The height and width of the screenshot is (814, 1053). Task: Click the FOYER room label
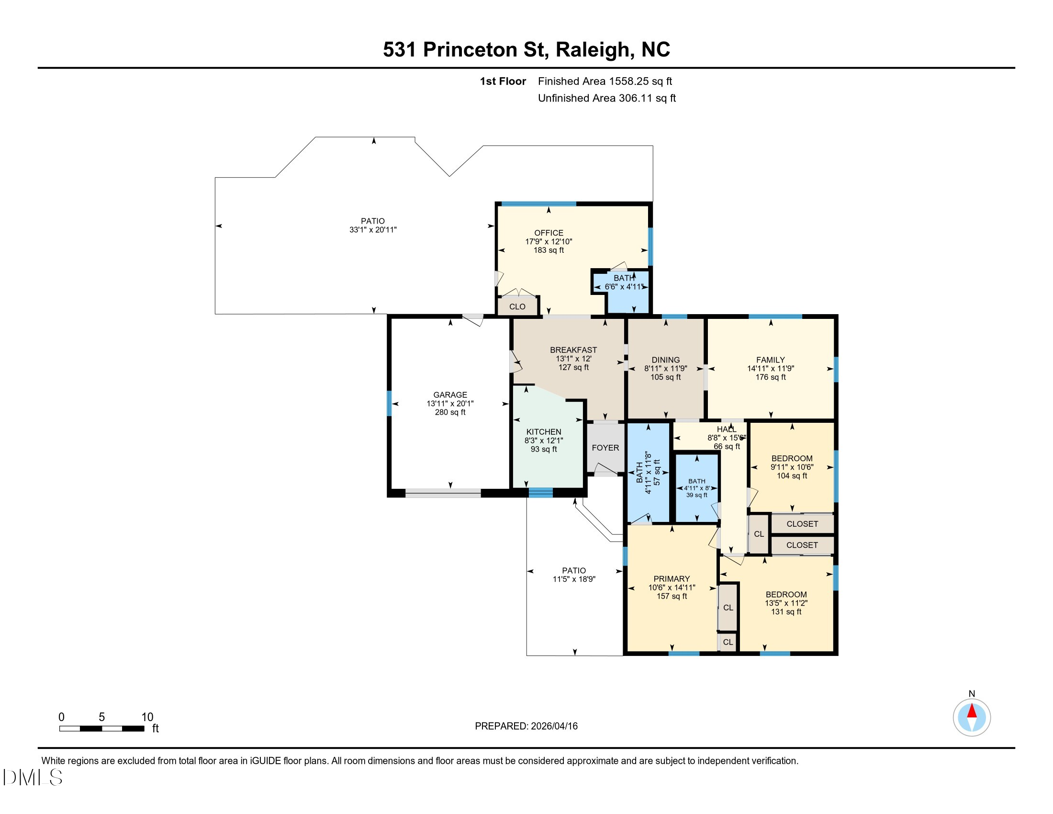tap(605, 448)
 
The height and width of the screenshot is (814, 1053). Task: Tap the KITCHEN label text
tap(543, 431)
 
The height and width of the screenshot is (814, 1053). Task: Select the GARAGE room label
tap(450, 395)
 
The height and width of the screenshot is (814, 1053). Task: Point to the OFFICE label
tap(549, 232)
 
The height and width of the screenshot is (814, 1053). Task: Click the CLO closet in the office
tap(517, 306)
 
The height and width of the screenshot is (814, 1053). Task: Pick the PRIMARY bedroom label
tap(672, 579)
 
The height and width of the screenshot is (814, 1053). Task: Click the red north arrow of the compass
tap(972, 711)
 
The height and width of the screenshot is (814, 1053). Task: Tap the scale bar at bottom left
tap(102, 728)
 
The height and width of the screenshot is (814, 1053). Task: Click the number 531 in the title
tap(400, 50)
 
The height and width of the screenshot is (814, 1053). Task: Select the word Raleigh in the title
tap(593, 50)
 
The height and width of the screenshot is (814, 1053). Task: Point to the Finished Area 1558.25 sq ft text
tap(605, 81)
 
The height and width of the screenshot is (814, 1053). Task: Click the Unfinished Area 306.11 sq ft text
tap(606, 98)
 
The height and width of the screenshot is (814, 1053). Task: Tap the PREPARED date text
tap(526, 726)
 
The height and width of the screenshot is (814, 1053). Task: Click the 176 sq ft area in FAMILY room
tap(771, 377)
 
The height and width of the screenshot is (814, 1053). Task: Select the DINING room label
tap(665, 360)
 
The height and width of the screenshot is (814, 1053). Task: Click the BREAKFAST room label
tap(573, 350)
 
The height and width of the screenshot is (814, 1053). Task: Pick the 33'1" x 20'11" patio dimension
tap(373, 229)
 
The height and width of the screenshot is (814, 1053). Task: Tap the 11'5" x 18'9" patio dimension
tap(574, 579)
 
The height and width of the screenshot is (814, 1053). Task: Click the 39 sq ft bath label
tap(697, 495)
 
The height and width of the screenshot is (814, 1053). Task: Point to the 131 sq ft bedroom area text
tap(786, 611)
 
